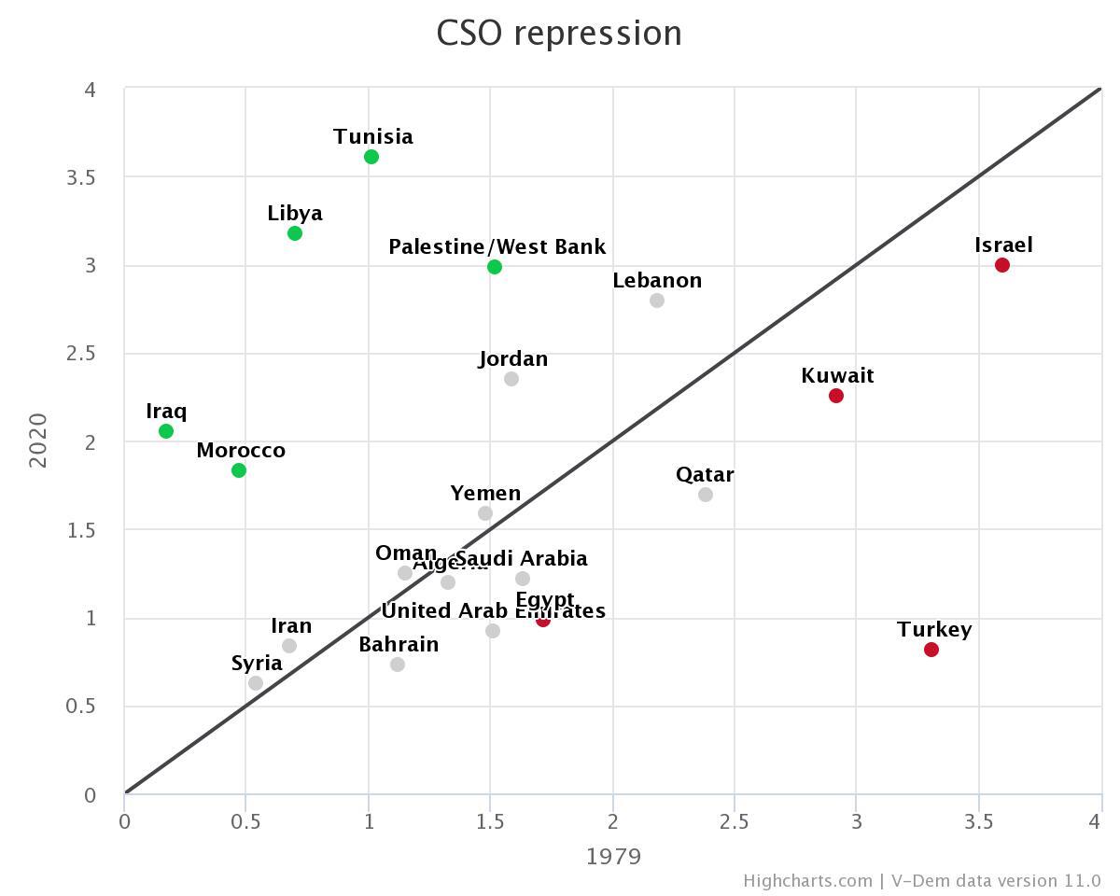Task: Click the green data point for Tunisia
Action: [x=371, y=157]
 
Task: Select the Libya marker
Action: [x=295, y=233]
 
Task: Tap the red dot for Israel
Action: [x=1002, y=265]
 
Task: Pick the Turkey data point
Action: [x=931, y=650]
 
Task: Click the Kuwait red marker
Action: [x=836, y=396]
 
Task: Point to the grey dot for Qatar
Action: [x=706, y=495]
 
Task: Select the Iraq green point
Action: [x=166, y=431]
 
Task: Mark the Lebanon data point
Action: [x=657, y=301]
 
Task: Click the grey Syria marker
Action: [x=256, y=683]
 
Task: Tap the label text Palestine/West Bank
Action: [x=497, y=247]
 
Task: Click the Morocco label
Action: [x=241, y=451]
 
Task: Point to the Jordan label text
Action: [x=513, y=359]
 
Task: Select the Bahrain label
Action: [x=399, y=645]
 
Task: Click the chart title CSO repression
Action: [x=559, y=34]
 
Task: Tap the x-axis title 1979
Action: [x=613, y=856]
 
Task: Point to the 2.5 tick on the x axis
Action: [x=735, y=821]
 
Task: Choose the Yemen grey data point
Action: [x=485, y=513]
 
